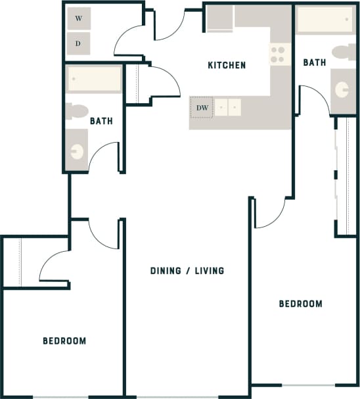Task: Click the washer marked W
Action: tap(79, 19)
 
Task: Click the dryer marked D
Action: tap(79, 43)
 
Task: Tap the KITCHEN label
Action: tap(227, 65)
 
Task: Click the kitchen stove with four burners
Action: tap(279, 53)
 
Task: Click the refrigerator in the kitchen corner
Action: tap(219, 18)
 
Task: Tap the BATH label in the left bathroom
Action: tap(101, 121)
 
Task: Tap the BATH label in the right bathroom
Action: tap(314, 62)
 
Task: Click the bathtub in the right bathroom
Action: tap(325, 20)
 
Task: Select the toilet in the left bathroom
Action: tap(78, 110)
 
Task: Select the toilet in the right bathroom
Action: tap(343, 53)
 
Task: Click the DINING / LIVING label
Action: tap(187, 270)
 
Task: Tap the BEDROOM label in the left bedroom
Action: tap(64, 340)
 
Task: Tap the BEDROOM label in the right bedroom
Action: tap(301, 304)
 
